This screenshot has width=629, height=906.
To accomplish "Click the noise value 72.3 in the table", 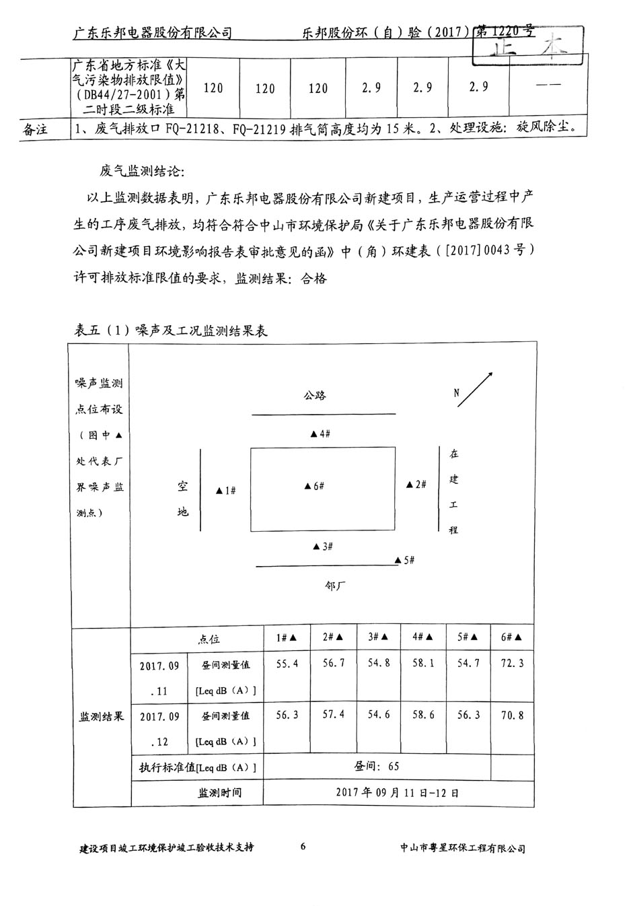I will tap(512, 664).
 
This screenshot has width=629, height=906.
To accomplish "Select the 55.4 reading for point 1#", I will tap(287, 664).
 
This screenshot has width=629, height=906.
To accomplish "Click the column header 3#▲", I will tap(379, 637).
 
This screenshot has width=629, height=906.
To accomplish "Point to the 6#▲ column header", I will tap(512, 637).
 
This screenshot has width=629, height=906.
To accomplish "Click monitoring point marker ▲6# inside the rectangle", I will tap(314, 486).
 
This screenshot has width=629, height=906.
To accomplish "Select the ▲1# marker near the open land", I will tap(225, 491).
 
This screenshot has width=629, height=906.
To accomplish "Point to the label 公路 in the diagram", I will tap(314, 395).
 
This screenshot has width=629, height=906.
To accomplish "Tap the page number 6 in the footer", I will tap(303, 846).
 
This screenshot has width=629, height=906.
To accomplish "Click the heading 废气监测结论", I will tap(141, 171).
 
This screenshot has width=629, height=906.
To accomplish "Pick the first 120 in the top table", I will tap(213, 88).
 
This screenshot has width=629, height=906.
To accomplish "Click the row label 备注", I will tap(36, 129).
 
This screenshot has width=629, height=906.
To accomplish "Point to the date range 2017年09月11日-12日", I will tap(397, 792).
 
